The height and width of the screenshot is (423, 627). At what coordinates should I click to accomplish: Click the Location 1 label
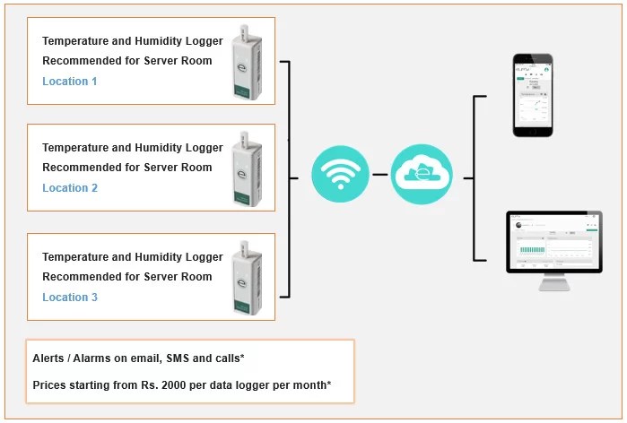coord(70,82)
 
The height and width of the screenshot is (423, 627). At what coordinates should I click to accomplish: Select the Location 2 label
coord(70,188)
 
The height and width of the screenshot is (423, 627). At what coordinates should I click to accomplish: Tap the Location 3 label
coord(70,298)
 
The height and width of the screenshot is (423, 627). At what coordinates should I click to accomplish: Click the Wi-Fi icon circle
coord(340,175)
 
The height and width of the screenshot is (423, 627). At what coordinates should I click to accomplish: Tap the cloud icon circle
coord(422,175)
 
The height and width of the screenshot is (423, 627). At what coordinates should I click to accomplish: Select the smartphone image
coord(533,95)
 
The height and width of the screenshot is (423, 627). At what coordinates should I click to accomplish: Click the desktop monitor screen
coord(553,241)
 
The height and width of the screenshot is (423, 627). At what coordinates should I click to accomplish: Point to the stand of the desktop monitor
coord(553,283)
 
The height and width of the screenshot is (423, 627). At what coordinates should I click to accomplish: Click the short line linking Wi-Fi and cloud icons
coord(380,176)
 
